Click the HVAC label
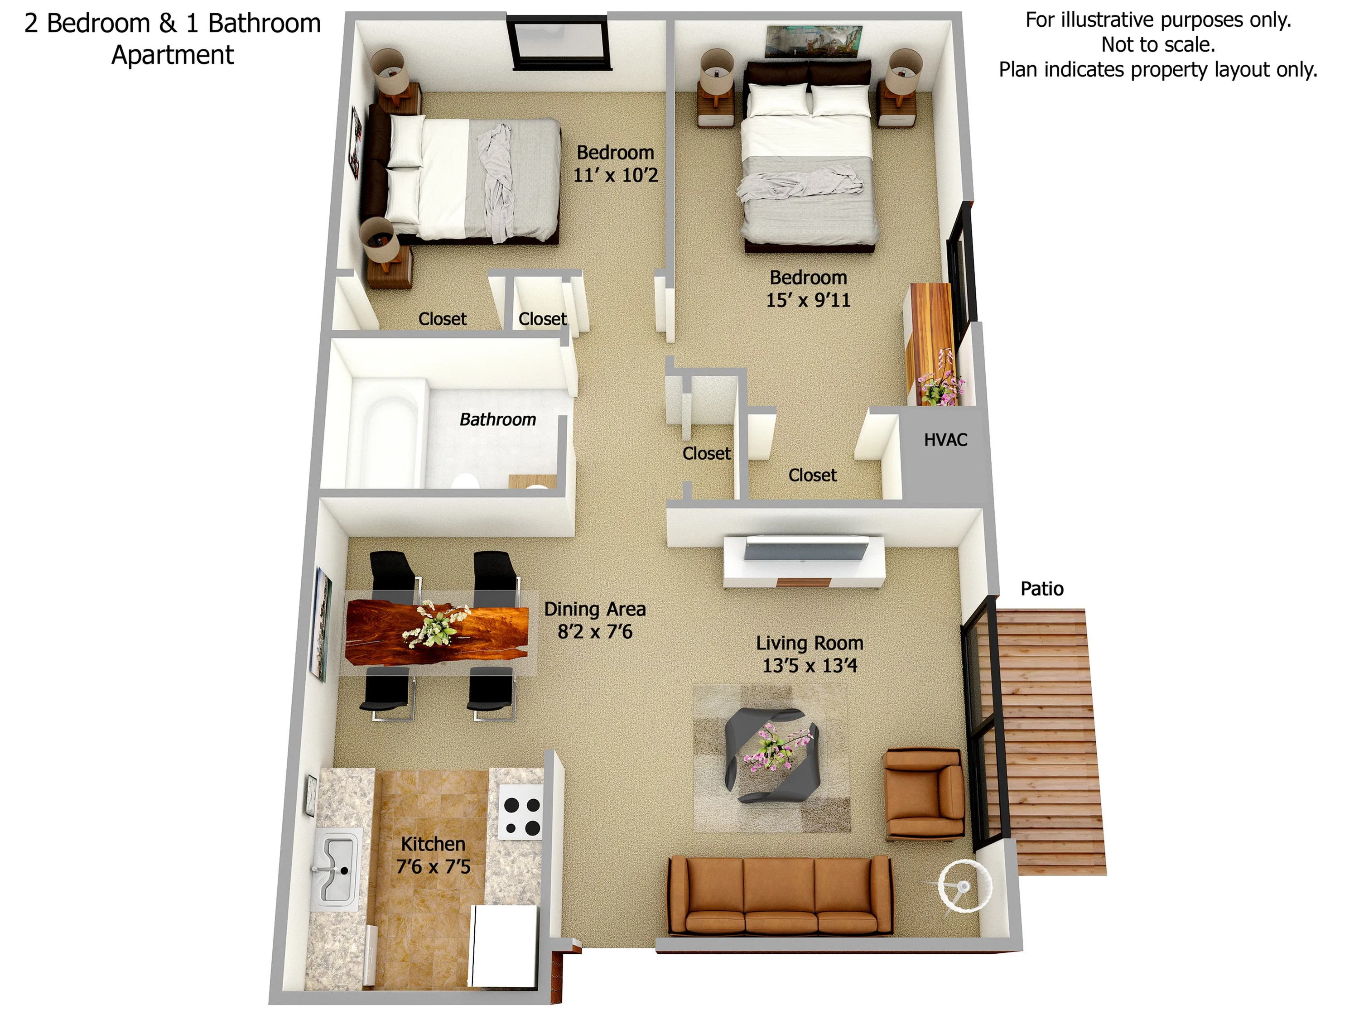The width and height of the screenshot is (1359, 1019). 945,440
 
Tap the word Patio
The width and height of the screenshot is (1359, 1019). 1041,588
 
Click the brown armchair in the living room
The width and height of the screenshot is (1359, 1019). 923,793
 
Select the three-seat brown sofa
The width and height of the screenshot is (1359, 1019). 780,896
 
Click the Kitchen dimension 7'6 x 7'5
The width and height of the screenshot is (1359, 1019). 433,867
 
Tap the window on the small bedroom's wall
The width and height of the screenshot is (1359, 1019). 559,43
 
